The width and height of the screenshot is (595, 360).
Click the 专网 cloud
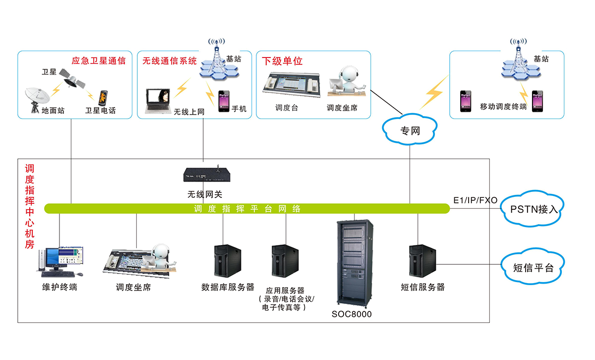pos(410,131)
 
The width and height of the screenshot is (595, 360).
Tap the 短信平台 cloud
pos(533,268)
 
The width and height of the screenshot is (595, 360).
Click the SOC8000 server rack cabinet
pos(355,263)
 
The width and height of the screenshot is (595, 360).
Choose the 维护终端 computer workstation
pos(59,261)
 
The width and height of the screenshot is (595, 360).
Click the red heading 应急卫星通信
pos(99,61)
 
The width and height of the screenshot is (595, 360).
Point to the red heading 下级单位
pos(282,61)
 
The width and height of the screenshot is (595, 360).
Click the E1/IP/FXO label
pos(475,200)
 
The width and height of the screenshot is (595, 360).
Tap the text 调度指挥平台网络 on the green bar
pos(247,209)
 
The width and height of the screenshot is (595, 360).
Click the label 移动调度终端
pos(503,107)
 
